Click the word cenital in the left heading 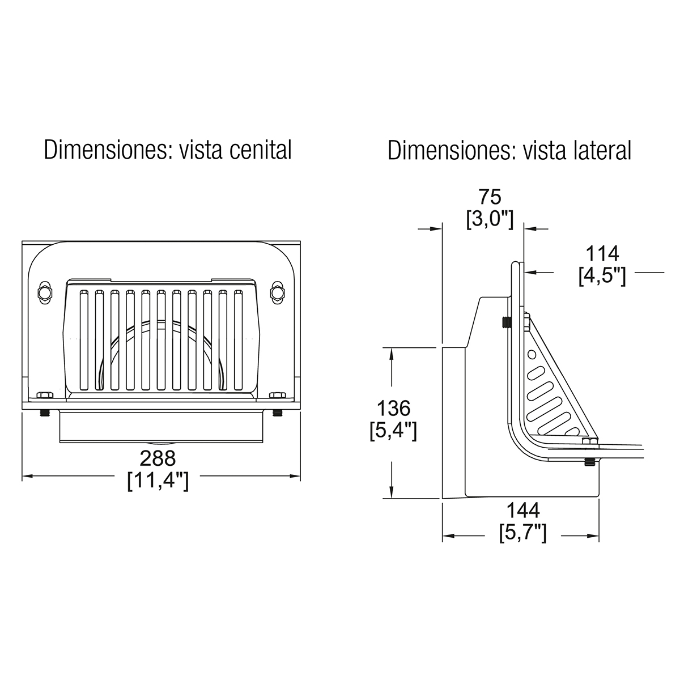tap(261, 150)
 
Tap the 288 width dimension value tap(158, 458)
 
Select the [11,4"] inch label tap(158, 481)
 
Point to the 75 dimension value tap(490, 197)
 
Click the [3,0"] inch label tap(490, 219)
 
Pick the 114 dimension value tap(602, 253)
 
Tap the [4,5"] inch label tap(602, 275)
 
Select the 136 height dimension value tap(393, 408)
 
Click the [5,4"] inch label tap(393, 431)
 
